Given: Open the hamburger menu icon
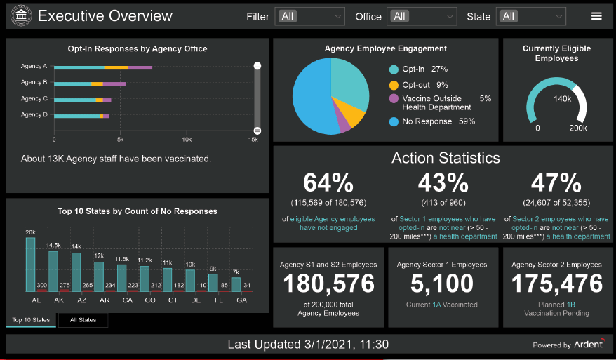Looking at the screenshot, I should (596, 16).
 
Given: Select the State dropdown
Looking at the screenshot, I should (531, 16).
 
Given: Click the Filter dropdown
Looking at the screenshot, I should (310, 16).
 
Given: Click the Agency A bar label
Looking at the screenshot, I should (34, 67).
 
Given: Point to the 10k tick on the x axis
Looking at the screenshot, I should (187, 140).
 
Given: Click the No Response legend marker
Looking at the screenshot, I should (394, 121).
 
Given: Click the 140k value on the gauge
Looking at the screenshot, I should (562, 99).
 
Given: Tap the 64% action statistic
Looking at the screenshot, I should (328, 183).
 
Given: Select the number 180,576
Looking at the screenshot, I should (328, 284).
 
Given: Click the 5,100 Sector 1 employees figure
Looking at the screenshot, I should (443, 284).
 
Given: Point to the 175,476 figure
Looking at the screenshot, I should (556, 284).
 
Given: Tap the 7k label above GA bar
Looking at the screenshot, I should (236, 272).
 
